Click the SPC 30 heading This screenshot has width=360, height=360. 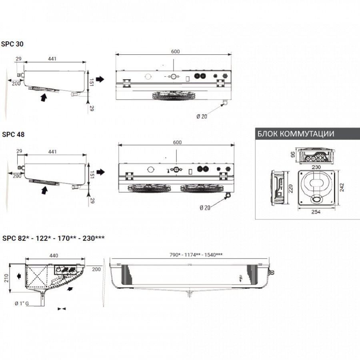coord(12,44)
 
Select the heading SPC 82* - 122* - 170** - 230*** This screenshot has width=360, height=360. coord(53,238)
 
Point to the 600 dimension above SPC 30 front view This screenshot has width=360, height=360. coord(175,51)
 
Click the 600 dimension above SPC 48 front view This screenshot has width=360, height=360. coord(178,142)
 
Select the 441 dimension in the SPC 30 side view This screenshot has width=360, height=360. coord(52,59)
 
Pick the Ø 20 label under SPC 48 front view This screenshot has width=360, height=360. coord(204,207)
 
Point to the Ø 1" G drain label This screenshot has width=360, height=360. coord(22,303)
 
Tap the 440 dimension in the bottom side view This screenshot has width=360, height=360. coord(54,255)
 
